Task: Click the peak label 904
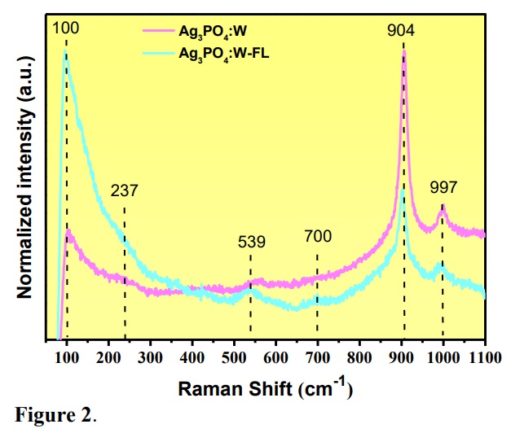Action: tap(402, 31)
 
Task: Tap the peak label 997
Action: tap(445, 188)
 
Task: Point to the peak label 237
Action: tap(125, 191)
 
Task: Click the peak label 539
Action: tap(252, 242)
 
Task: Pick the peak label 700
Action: tap(318, 237)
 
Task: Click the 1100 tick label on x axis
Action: tap(484, 356)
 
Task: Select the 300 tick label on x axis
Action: tap(150, 356)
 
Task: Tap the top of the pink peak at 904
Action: tap(403, 51)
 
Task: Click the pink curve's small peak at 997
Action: tap(443, 210)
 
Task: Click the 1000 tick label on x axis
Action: tap(443, 356)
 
